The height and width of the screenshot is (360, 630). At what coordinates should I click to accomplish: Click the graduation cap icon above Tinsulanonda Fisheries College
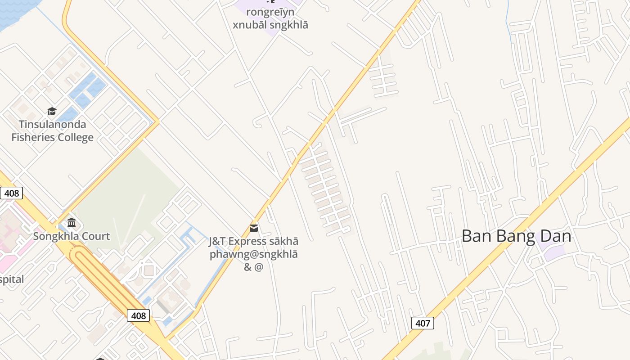[x=52, y=111]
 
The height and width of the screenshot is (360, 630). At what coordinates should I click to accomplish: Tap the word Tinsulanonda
[x=52, y=124]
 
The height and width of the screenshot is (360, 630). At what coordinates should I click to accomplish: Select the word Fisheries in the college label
[x=34, y=137]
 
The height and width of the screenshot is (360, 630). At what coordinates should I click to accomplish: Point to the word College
[x=76, y=137]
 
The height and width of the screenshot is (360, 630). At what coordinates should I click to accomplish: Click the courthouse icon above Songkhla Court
[x=71, y=223]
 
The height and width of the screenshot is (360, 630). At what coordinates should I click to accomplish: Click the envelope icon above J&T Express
[x=254, y=228]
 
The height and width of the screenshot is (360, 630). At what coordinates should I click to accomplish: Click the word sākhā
[x=283, y=241]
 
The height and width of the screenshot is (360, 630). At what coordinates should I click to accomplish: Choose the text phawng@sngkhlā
[x=254, y=254]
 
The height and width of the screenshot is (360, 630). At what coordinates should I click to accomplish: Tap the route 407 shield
[x=423, y=323]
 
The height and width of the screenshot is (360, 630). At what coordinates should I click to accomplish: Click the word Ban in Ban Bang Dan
[x=477, y=236]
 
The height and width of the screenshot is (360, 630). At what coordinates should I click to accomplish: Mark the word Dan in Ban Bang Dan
[x=556, y=236]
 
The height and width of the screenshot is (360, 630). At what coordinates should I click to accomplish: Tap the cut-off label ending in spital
[x=12, y=279]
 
